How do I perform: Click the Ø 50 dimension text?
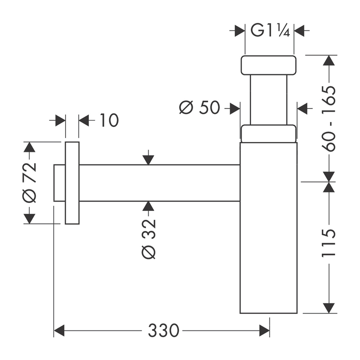click(199, 108)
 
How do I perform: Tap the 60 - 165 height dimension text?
click(329, 119)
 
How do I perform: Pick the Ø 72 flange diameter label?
click(29, 182)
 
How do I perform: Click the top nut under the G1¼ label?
click(268, 65)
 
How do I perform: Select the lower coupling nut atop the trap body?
click(268, 133)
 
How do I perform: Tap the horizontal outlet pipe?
click(159, 183)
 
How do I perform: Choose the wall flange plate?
click(72, 183)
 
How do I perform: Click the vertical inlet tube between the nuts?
click(269, 100)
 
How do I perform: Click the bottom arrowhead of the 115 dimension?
click(329, 308)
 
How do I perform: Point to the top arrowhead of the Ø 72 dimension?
click(29, 147)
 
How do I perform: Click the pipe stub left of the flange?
click(60, 183)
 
